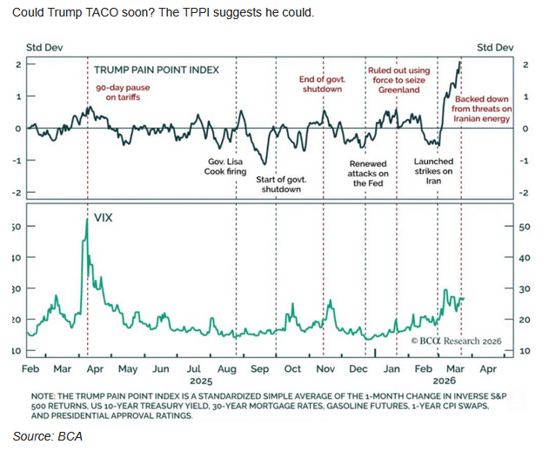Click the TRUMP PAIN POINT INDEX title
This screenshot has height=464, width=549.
tap(157, 70)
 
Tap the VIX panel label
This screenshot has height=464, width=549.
tap(104, 209)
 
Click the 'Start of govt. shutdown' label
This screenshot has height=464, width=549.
tap(280, 184)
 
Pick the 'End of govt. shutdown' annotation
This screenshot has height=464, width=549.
tap(322, 84)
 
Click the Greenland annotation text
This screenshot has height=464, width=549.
tap(398, 80)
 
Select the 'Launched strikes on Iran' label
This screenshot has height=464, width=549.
tap(433, 171)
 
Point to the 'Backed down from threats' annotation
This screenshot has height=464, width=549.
tap(482, 109)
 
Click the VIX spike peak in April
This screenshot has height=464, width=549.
tap(88, 220)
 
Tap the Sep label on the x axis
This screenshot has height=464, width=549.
tap(259, 369)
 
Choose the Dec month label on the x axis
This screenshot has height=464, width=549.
tap(358, 369)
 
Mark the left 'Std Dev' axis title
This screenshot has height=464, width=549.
tap(44, 47)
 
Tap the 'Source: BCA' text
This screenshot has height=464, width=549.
tap(47, 436)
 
